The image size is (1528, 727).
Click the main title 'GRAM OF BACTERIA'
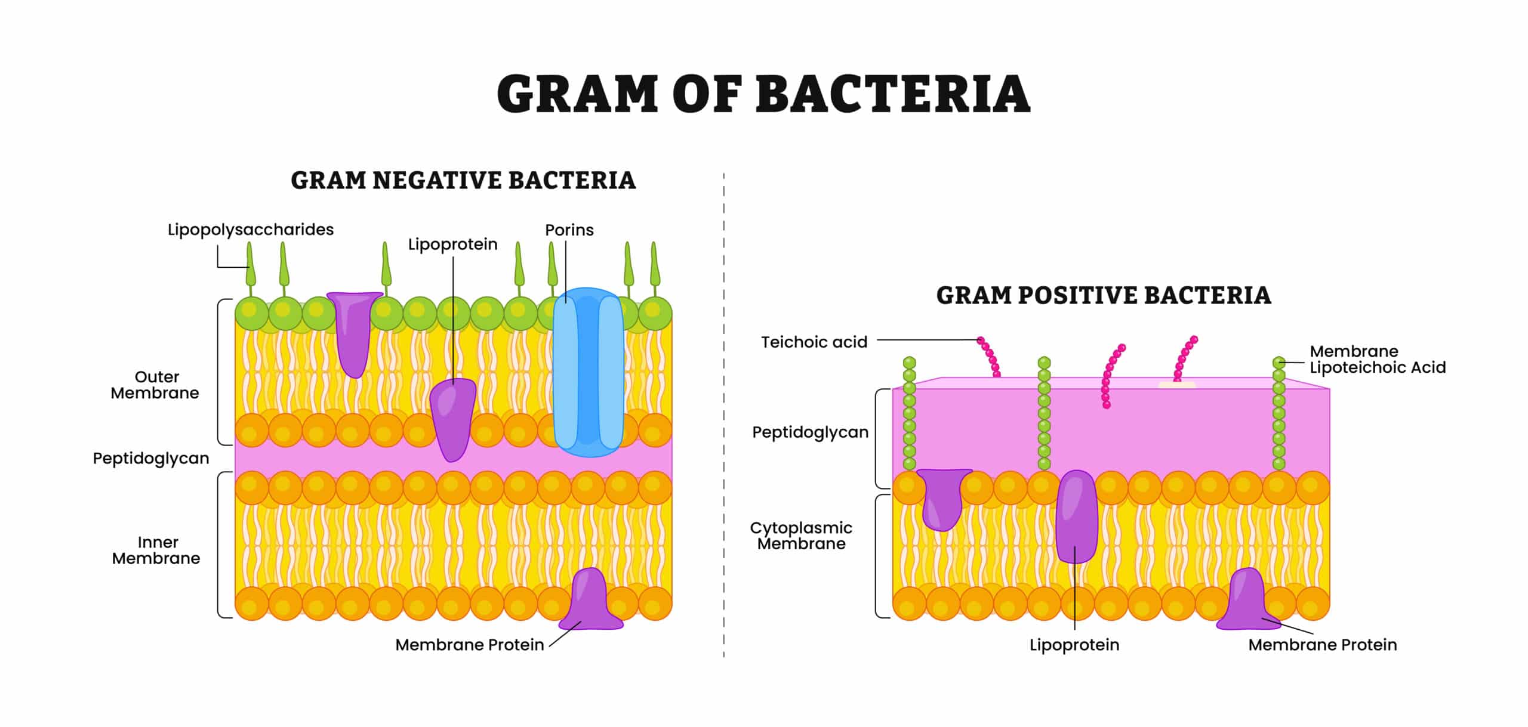pos(763,94)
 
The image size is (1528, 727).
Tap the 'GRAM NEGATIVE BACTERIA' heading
pos(463,180)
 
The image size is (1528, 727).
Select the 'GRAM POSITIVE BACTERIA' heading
pos(1104,295)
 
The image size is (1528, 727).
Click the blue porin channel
pos(589,373)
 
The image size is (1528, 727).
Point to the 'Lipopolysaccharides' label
pos(250,230)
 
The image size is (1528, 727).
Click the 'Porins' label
pos(569,230)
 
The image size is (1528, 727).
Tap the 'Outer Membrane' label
pos(155,385)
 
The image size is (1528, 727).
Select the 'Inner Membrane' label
pos(156,550)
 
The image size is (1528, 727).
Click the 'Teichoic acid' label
pos(814,342)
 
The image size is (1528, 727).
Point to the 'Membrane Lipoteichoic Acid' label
pos(1378,359)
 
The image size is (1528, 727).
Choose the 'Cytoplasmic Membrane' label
pos(801,536)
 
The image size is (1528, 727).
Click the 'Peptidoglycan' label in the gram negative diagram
pos(151,458)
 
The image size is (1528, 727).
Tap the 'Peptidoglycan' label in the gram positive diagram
pos(810,432)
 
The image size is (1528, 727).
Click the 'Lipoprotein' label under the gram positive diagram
pos(1074,645)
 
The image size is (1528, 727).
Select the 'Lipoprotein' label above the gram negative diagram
pos(452,245)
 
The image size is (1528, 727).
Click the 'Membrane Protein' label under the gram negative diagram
pos(469,645)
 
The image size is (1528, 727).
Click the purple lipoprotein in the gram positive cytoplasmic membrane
pos(1076,516)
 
